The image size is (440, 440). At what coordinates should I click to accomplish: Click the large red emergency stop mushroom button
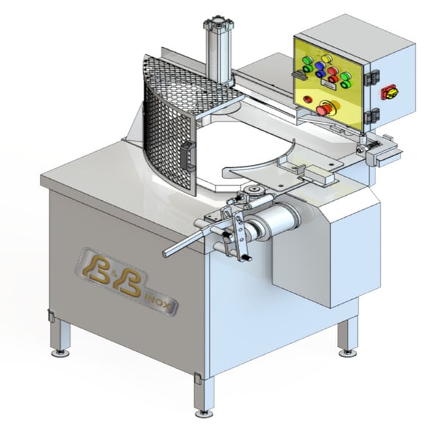325,109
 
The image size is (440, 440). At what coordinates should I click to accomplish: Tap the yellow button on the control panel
326,59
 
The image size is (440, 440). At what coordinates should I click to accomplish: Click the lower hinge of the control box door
372,116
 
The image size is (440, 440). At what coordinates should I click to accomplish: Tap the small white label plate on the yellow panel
329,84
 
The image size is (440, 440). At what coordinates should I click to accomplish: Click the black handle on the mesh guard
188,156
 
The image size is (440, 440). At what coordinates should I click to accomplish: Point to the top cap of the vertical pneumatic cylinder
219,22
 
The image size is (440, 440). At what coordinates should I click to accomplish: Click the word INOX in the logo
161,303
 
